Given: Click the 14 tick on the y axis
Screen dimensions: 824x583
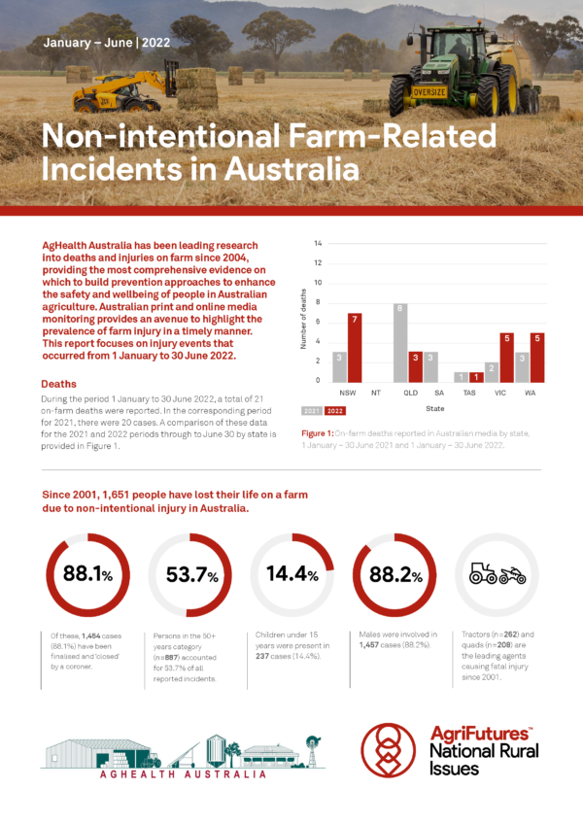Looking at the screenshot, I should tap(318, 243).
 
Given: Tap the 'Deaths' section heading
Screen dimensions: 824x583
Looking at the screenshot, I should tap(59, 384).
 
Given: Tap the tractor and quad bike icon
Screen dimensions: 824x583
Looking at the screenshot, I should tap(497, 574).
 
